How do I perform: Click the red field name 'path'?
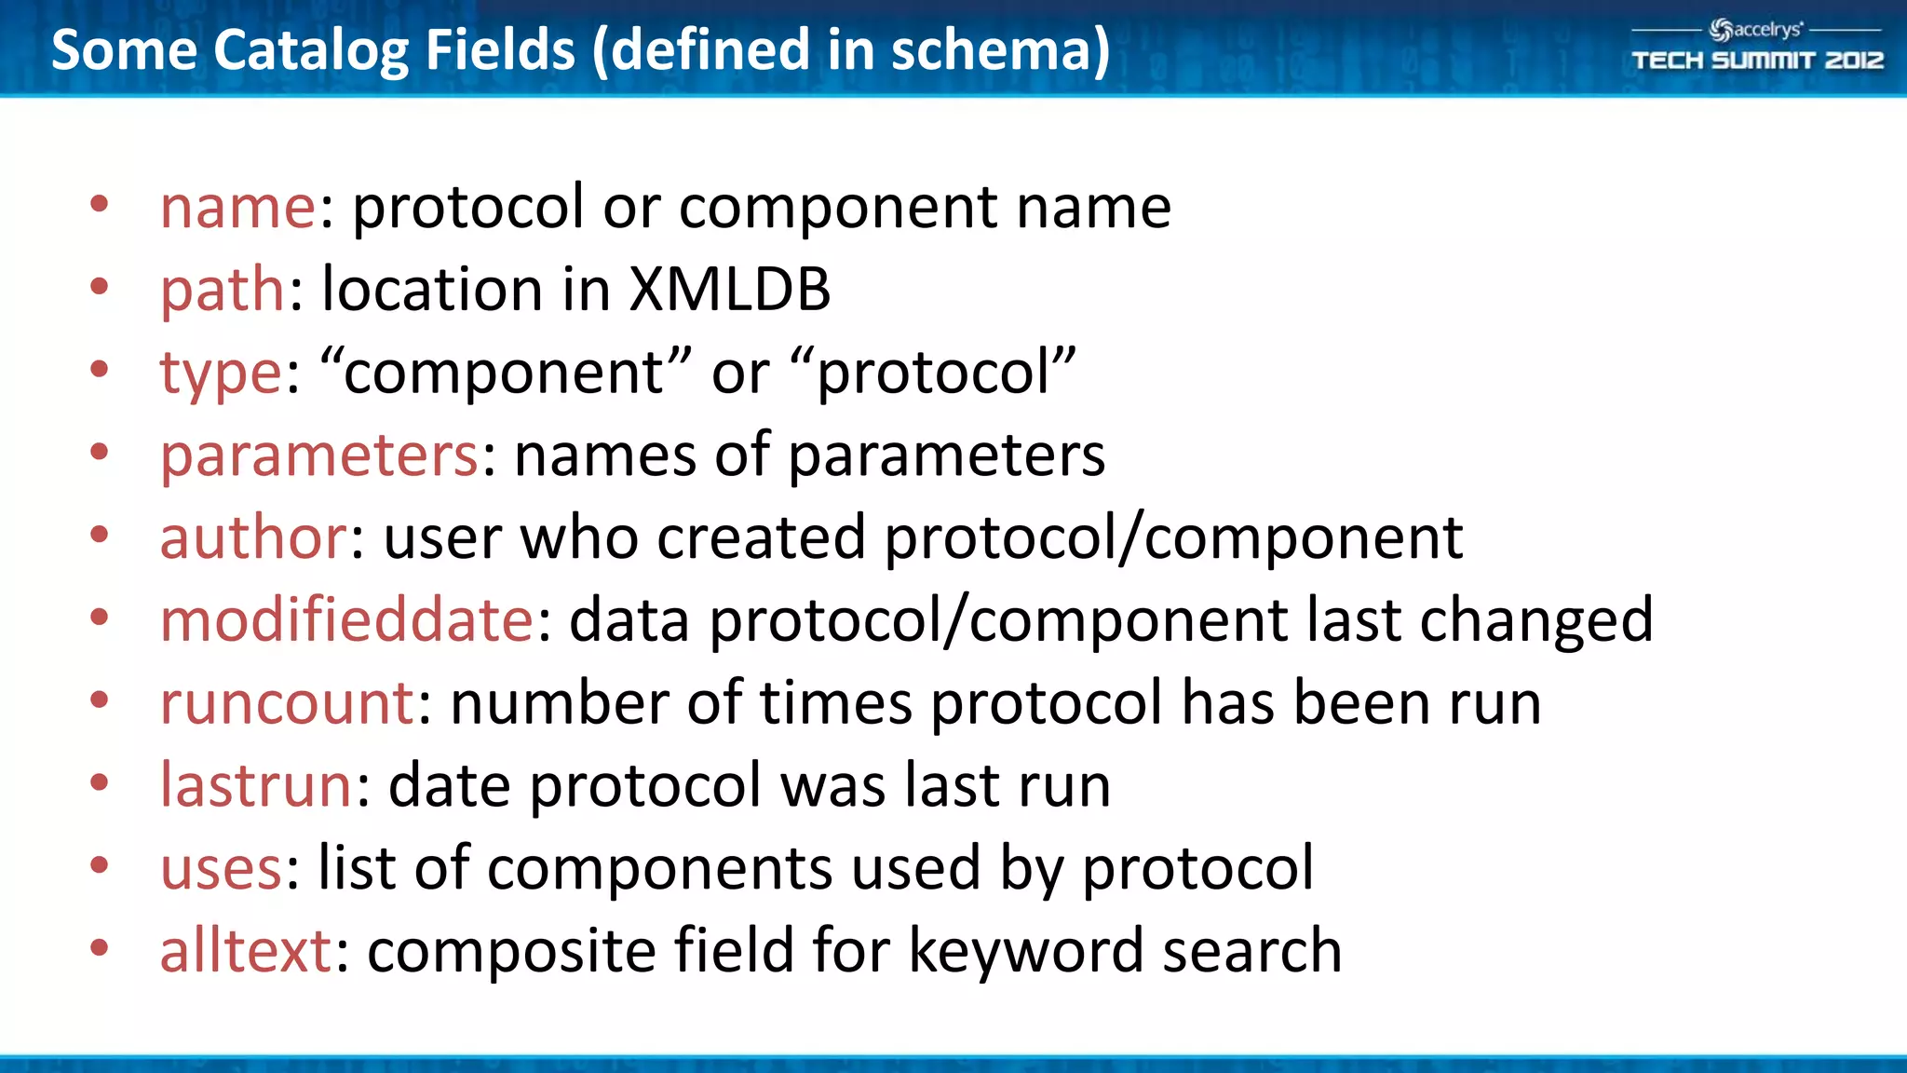222,290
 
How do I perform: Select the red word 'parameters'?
319,455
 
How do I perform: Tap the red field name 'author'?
253,537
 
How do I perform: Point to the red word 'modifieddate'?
346,620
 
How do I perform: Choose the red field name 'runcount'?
287,703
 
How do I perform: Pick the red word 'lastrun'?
255,785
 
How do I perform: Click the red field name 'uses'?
221,869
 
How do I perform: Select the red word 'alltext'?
246,951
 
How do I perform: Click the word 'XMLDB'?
729,290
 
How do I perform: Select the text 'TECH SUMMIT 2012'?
1757,61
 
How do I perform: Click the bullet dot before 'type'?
100,369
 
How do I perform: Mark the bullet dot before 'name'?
100,204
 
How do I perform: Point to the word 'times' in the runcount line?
835,703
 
